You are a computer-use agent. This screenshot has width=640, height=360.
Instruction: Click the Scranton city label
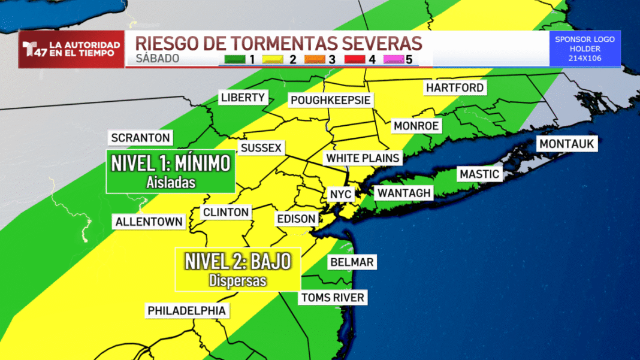141,137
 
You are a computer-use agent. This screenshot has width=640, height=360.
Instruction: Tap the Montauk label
566,144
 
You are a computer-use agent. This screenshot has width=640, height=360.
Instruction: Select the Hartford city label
454,88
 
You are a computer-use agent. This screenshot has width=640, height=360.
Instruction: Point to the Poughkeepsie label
331,100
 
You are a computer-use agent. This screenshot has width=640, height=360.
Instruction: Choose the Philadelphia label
187,311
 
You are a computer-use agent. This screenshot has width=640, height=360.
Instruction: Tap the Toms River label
333,298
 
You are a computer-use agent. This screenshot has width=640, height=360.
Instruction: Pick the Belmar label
352,262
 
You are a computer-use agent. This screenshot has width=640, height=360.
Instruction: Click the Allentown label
149,222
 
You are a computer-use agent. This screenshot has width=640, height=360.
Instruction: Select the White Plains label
362,158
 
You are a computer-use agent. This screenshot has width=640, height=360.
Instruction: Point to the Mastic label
479,174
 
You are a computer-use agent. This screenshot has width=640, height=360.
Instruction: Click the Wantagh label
403,193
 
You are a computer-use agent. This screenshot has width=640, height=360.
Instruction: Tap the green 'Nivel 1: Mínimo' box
170,171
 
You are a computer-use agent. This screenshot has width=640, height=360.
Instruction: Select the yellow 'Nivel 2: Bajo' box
238,268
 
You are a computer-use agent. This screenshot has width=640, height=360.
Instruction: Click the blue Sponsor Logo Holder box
585,49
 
